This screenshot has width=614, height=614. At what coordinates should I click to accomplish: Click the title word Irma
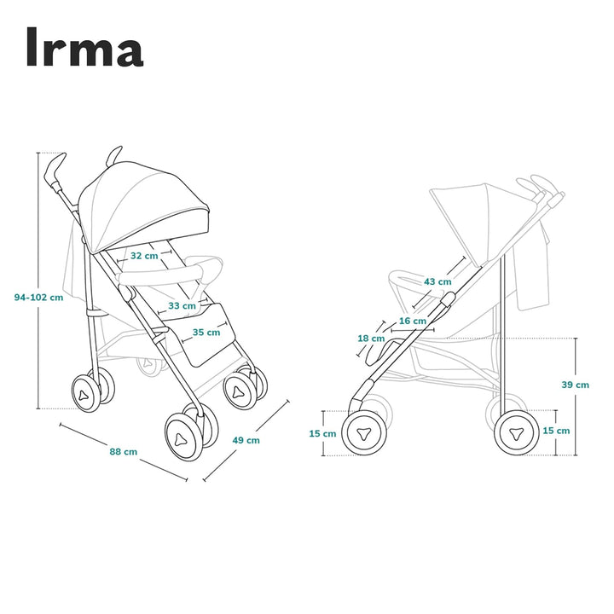(x=84, y=48)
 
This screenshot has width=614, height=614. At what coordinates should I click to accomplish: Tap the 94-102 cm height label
(x=38, y=298)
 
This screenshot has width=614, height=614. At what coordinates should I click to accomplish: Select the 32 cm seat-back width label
(x=143, y=256)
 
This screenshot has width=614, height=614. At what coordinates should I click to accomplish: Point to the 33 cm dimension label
(x=181, y=305)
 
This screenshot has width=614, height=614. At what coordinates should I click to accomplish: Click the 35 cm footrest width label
(x=206, y=333)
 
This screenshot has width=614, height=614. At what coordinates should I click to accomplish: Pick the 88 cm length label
(x=124, y=451)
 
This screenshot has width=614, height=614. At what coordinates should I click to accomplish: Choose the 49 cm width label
(x=246, y=440)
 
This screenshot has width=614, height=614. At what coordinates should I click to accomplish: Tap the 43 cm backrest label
(x=437, y=281)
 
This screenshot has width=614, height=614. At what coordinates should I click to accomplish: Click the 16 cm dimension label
(x=413, y=321)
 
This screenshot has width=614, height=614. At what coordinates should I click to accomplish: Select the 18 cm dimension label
(x=371, y=339)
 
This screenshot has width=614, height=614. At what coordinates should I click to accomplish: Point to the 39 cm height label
(x=575, y=385)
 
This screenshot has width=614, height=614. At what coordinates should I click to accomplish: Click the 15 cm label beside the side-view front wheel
(x=322, y=434)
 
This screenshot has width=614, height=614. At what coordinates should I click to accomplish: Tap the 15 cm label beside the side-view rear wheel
(x=556, y=431)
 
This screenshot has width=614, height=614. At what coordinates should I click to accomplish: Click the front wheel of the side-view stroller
(x=363, y=432)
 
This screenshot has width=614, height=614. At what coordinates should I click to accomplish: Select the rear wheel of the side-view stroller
(x=517, y=432)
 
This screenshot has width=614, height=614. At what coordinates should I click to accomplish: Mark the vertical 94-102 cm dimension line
(x=38, y=358)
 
